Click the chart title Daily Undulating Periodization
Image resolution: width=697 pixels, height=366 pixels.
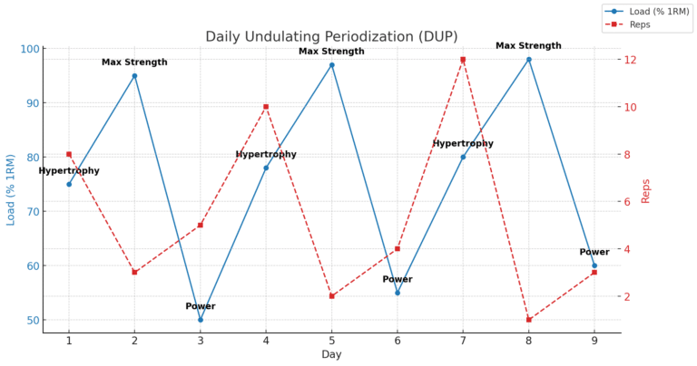tap(331, 36)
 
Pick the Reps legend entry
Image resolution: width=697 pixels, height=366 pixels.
tap(639, 24)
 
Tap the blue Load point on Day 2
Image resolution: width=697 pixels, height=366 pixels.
tap(134, 76)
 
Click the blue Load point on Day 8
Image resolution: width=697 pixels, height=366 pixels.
tap(529, 60)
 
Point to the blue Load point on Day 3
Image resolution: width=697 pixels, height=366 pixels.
tap(201, 320)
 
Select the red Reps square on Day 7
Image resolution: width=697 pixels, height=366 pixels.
tap(463, 60)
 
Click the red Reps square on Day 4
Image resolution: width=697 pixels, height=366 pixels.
tap(266, 107)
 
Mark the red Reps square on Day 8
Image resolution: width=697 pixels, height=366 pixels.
tap(529, 320)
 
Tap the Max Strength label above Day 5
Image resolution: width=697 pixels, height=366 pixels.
tap(331, 52)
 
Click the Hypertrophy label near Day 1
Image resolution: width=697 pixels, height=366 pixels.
tap(69, 171)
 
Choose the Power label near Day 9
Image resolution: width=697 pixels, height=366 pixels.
tap(594, 252)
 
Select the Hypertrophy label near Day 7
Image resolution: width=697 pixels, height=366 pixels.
tap(463, 144)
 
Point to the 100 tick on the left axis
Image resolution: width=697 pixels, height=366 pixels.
tap(31, 49)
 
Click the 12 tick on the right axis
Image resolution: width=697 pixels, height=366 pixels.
tap(626, 60)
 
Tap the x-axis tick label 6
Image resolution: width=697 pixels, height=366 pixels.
tap(398, 341)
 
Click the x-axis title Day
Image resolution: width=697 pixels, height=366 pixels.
tap(331, 354)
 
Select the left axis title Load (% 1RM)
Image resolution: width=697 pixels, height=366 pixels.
tap(12, 190)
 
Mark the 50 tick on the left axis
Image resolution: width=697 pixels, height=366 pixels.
tap(33, 320)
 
